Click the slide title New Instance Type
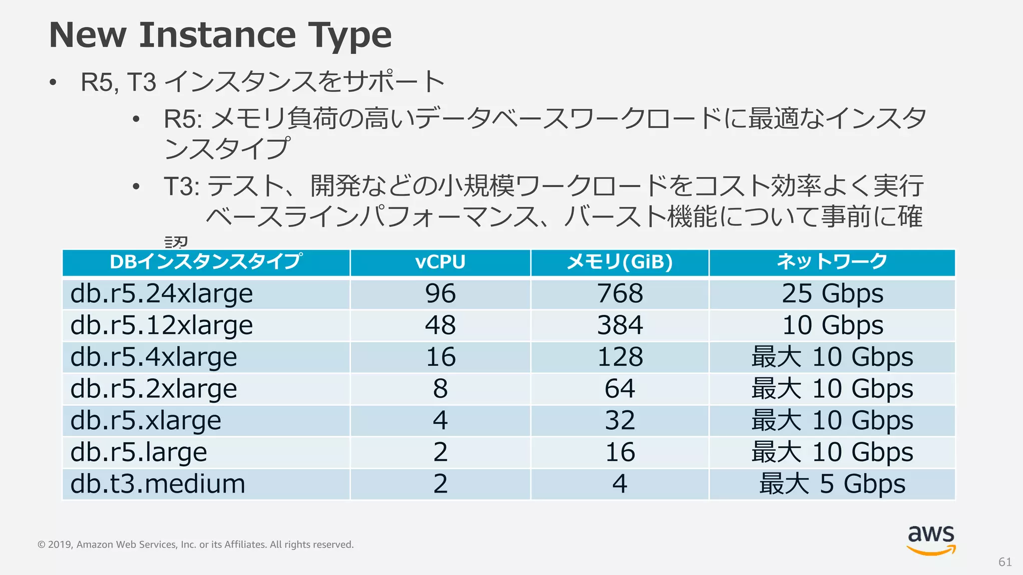pyautogui.click(x=220, y=35)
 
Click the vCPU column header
pyautogui.click(x=440, y=262)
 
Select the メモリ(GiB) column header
pyautogui.click(x=619, y=262)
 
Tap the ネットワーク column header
pyautogui.click(x=832, y=262)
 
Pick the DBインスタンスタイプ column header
pyautogui.click(x=206, y=262)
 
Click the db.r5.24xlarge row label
pyautogui.click(x=161, y=293)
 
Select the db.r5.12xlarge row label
pyautogui.click(x=161, y=325)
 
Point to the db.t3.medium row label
pyautogui.click(x=158, y=484)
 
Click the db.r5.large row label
pyautogui.click(x=138, y=452)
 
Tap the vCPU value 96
pyautogui.click(x=440, y=293)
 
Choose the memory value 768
pyautogui.click(x=620, y=293)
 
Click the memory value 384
pyautogui.click(x=620, y=325)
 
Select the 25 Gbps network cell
pyautogui.click(x=832, y=293)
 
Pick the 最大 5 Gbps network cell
pyautogui.click(x=832, y=484)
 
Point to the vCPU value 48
pyautogui.click(x=440, y=325)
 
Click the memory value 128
pyautogui.click(x=620, y=357)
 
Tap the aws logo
pyautogui.click(x=931, y=540)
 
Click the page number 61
pyautogui.click(x=1005, y=562)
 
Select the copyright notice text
pyautogui.click(x=195, y=545)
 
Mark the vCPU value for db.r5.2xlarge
pyautogui.click(x=440, y=389)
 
